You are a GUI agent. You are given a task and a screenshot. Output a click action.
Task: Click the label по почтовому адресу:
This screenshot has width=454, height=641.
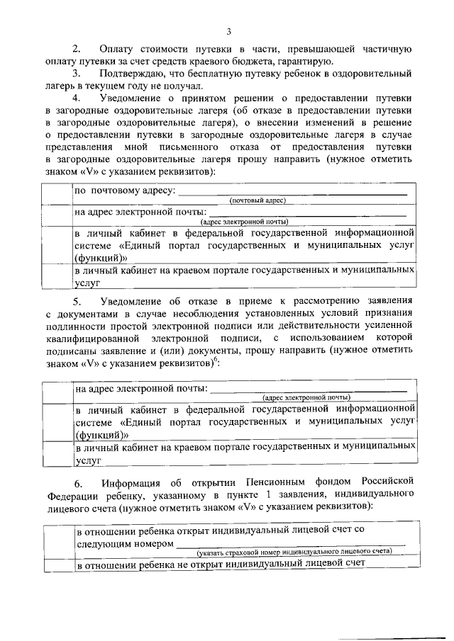click(x=124, y=192)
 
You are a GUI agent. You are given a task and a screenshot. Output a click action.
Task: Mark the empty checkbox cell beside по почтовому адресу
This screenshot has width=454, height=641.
click(x=57, y=195)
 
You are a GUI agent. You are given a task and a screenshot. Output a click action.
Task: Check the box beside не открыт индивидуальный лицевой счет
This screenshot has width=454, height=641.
click(x=57, y=564)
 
